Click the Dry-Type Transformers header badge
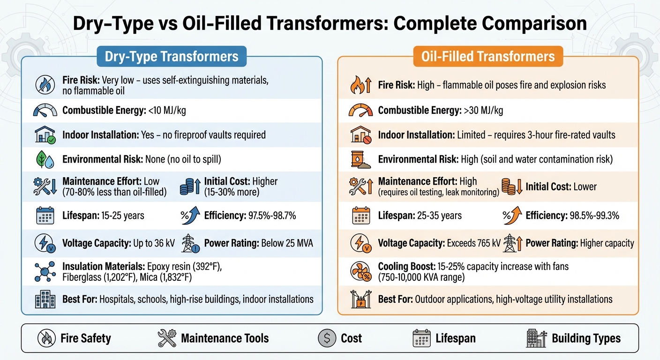(172, 57)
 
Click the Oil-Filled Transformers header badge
(488, 57)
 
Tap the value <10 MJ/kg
(167, 111)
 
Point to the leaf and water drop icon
(45, 159)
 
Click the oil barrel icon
(361, 159)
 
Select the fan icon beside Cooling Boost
(361, 272)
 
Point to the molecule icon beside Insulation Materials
(45, 272)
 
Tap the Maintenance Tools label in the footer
(225, 338)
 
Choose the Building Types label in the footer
(586, 338)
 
